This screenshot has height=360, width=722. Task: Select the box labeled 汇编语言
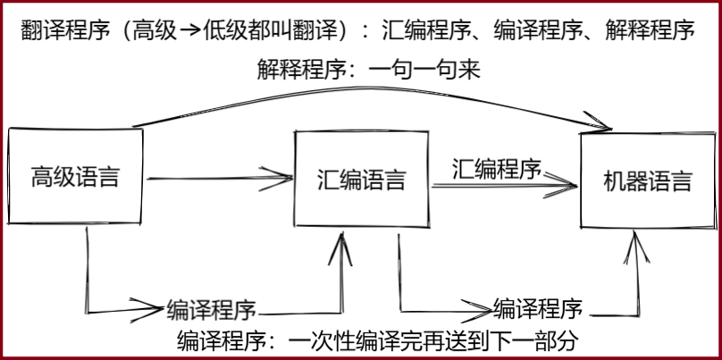(x=361, y=180)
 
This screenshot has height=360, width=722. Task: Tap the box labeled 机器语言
(x=647, y=181)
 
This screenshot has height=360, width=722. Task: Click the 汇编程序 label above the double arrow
(x=496, y=167)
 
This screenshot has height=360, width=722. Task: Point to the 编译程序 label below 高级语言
(x=212, y=310)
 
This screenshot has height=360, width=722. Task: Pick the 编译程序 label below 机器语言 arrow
(x=538, y=308)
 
